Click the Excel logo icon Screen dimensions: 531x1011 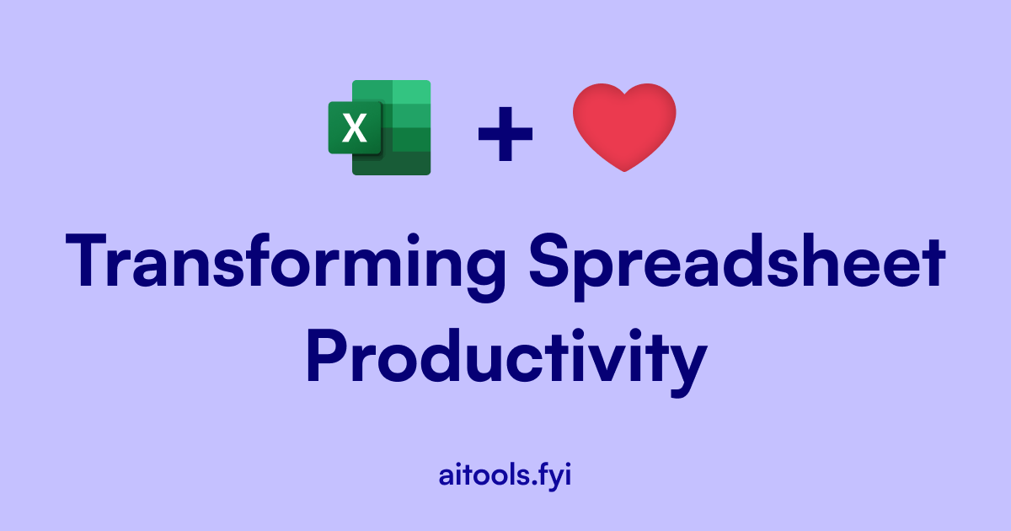[380, 127]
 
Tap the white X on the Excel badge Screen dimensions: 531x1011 [356, 129]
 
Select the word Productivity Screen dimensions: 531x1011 [505, 358]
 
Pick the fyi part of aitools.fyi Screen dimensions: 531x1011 [554, 475]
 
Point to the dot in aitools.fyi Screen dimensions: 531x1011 [532, 483]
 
